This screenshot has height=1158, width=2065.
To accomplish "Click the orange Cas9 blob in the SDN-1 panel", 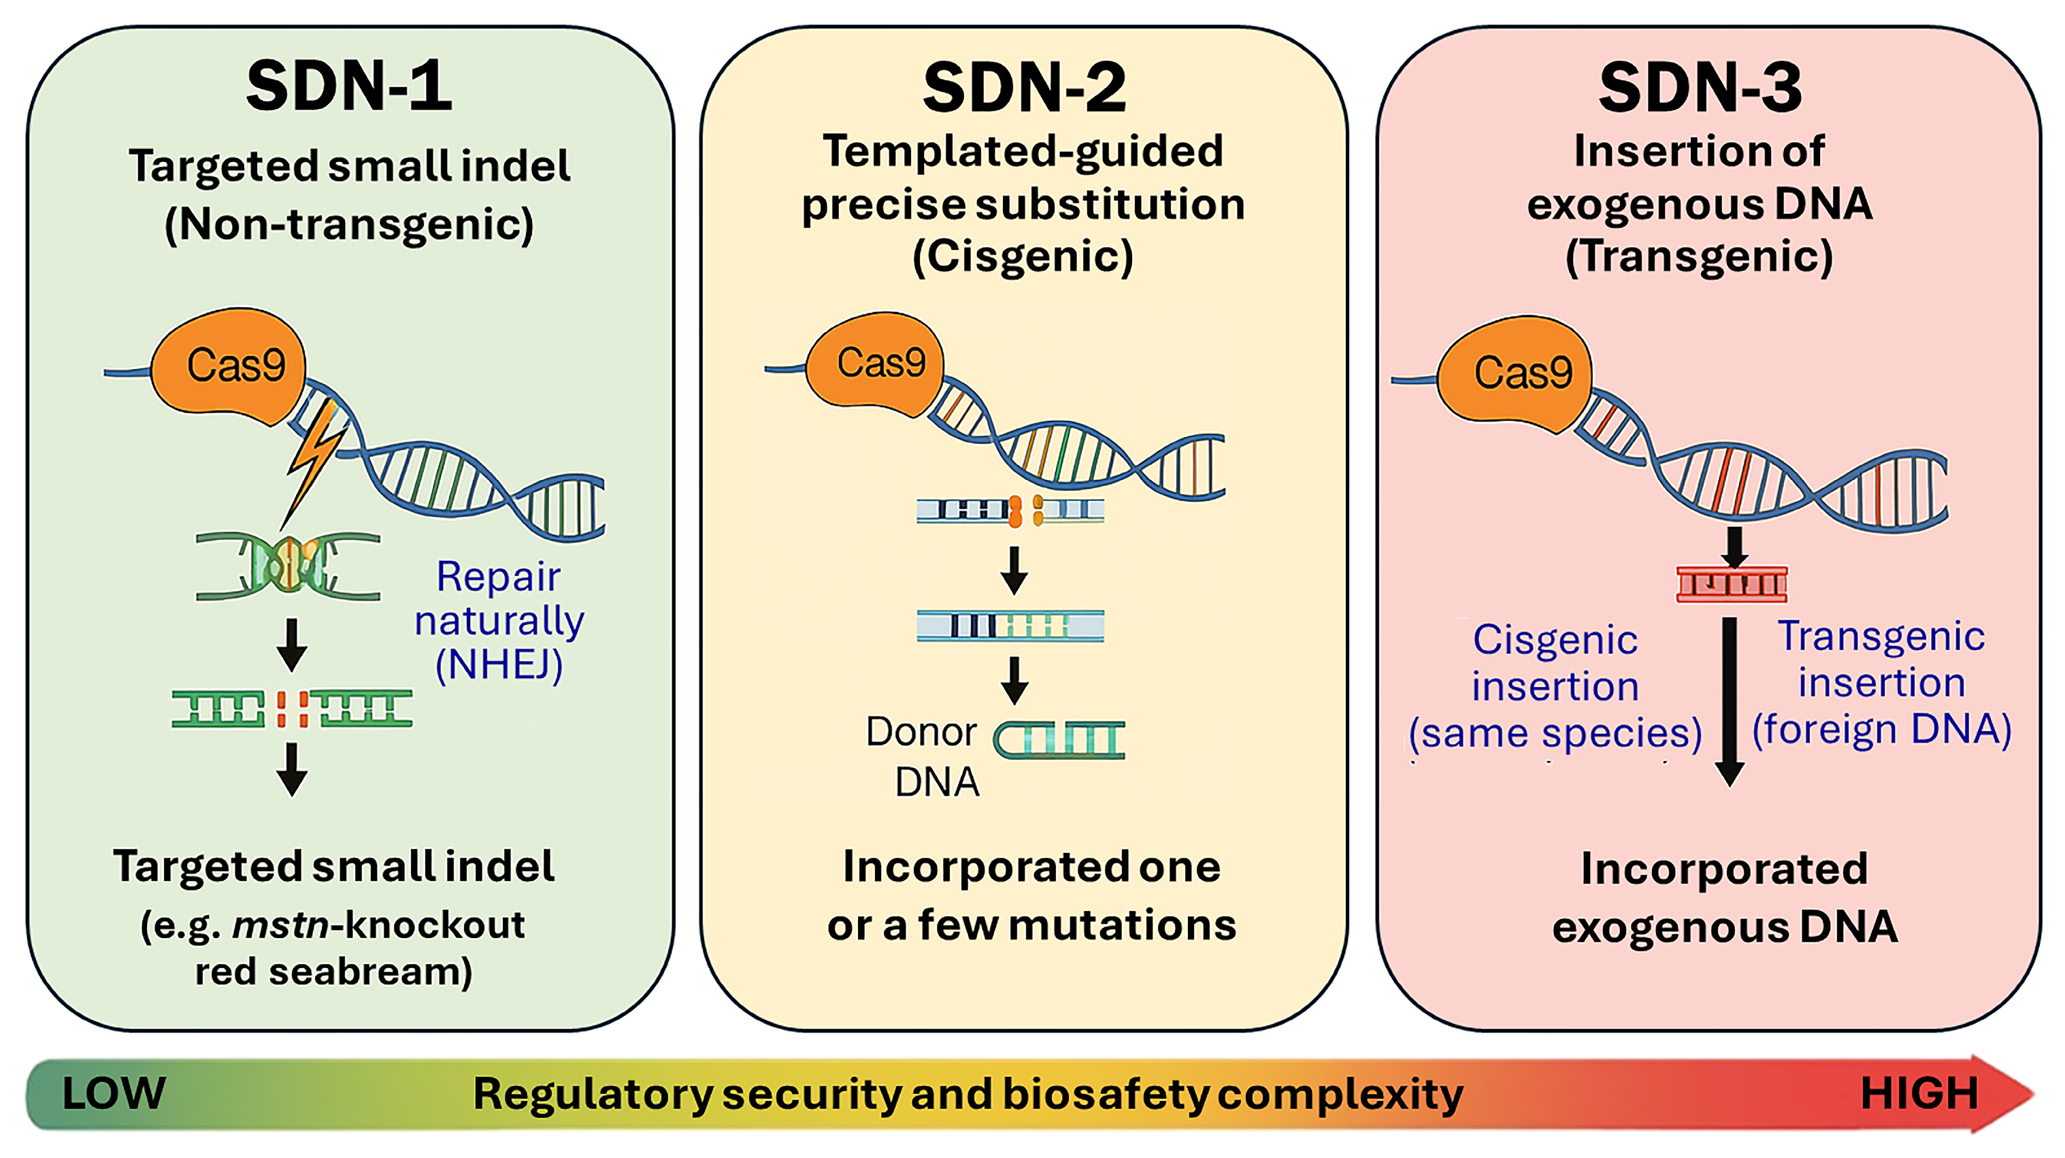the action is pos(229,366).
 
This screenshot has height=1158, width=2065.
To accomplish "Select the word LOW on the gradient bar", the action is pos(114,1093).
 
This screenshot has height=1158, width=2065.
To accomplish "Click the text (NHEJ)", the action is pos(499,666).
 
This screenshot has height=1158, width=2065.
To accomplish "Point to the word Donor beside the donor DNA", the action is pos(921,731).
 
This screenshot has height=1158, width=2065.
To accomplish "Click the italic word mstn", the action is pos(280,925).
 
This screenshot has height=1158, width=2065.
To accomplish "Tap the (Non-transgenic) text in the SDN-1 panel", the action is pos(350,225).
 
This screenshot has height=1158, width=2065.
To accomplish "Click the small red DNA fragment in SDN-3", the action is pos(1732,584).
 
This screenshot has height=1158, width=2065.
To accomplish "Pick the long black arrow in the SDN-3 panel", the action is pos(1730,702).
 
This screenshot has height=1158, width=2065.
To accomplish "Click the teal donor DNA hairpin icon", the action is pos(1059,739).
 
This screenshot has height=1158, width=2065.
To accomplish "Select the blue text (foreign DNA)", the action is pos(1881,730).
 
